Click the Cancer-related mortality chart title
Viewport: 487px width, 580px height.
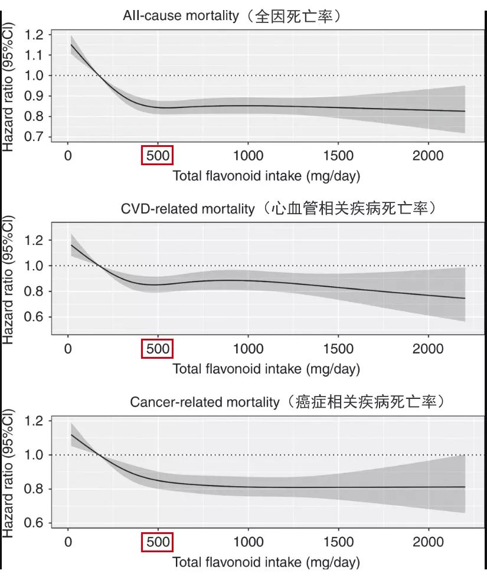pyautogui.click(x=287, y=402)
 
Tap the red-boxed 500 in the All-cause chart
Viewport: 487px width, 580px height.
pyautogui.click(x=158, y=156)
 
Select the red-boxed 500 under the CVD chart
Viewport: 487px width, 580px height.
pyautogui.click(x=158, y=349)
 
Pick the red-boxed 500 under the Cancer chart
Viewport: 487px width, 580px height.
pyautogui.click(x=158, y=542)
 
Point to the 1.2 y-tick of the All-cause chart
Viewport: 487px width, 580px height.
pyautogui.click(x=34, y=35)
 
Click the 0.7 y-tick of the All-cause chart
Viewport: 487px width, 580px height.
pyautogui.click(x=34, y=137)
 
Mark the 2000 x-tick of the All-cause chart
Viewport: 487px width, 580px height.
pyautogui.click(x=427, y=156)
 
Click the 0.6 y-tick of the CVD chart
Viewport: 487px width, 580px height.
pyautogui.click(x=34, y=317)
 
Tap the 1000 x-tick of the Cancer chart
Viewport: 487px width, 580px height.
pyautogui.click(x=248, y=542)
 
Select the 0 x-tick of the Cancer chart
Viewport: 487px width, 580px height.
pyautogui.click(x=68, y=542)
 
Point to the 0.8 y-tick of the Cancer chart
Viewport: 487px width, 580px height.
pyautogui.click(x=34, y=489)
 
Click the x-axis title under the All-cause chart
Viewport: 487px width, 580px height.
pyautogui.click(x=266, y=176)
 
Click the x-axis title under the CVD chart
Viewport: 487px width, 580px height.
pyautogui.click(x=266, y=369)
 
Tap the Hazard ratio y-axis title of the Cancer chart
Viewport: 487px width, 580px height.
pyautogui.click(x=8, y=474)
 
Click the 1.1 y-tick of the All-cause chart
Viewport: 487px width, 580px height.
pyautogui.click(x=34, y=55)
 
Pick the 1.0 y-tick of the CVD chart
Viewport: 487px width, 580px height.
pyautogui.click(x=34, y=266)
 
